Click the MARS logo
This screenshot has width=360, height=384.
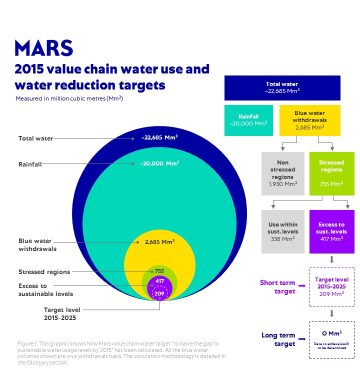point(44,48)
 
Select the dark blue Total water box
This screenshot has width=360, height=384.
point(282,88)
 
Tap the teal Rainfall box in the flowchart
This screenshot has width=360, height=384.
point(248,120)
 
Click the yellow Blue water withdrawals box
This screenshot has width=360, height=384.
point(309,120)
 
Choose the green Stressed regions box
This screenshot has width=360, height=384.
point(332,173)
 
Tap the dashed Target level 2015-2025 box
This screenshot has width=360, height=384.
point(332,287)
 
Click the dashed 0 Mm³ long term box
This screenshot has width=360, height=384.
point(332,339)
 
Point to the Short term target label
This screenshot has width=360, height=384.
point(277,287)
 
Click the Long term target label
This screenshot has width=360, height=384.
point(278,339)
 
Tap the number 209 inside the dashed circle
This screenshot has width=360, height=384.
point(159,293)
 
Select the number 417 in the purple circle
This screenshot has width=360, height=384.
point(159,281)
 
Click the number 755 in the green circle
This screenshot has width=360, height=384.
point(159,271)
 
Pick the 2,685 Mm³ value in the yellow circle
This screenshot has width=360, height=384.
point(159,242)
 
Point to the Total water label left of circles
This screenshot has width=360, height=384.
point(35,138)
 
